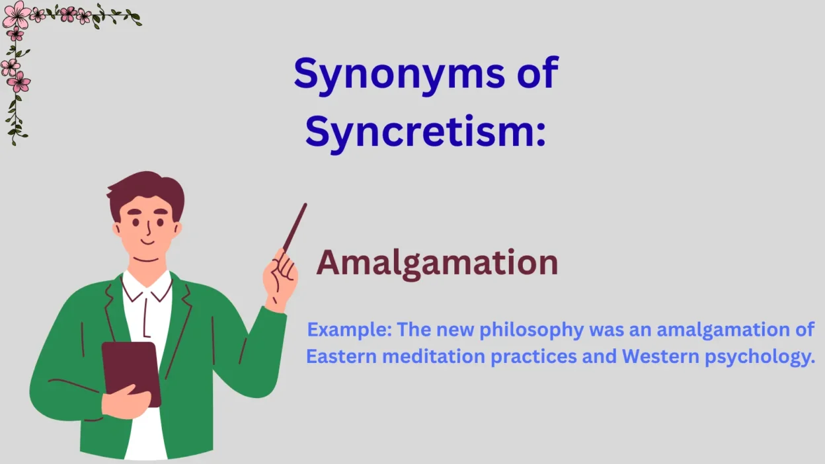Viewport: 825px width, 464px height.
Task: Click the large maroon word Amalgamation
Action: tap(437, 263)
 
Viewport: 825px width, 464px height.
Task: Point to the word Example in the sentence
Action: tap(348, 330)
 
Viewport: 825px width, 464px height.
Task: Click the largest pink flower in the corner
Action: tap(16, 14)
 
